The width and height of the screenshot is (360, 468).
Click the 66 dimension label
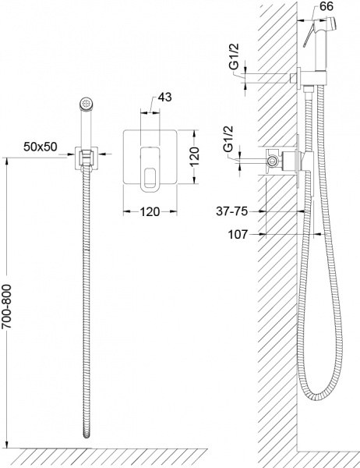pos(326,6)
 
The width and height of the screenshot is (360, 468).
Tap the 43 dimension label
pos(164,97)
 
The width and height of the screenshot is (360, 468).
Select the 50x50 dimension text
pos(41,147)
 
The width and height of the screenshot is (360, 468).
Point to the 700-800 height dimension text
pos(6,307)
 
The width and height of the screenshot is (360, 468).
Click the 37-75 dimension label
pos(231,211)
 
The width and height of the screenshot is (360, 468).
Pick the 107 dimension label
pos(238,235)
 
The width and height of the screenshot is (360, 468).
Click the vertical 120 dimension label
pos(195,157)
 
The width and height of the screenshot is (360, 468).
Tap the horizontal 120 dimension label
pos(150,211)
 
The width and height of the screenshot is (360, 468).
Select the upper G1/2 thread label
pos(235,56)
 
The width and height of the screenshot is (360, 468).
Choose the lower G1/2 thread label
pos(229,140)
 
